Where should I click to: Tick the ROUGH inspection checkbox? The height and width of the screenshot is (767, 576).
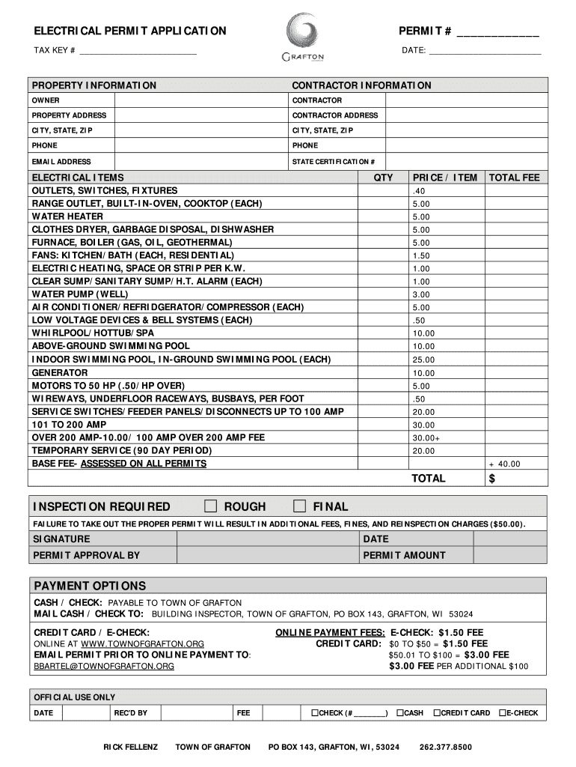pos(210,506)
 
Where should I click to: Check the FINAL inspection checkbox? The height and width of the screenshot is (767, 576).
pos(299,506)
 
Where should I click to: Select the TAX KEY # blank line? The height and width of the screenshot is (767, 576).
pos(138,51)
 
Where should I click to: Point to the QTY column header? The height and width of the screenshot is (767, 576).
pos(383,178)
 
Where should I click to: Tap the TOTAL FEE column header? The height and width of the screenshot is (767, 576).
pos(514,178)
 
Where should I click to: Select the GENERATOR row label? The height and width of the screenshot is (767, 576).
pos(59,372)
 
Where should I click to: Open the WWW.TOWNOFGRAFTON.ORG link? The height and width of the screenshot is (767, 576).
pos(142,643)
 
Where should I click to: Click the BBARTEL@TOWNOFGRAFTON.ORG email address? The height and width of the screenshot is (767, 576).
pos(102,666)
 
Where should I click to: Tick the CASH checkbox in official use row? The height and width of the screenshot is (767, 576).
pos(401,713)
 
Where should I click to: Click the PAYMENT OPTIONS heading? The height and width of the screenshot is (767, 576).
pos(89,586)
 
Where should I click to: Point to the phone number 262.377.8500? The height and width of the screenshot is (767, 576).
pos(445,748)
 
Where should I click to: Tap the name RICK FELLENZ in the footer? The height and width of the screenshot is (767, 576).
pos(130,748)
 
